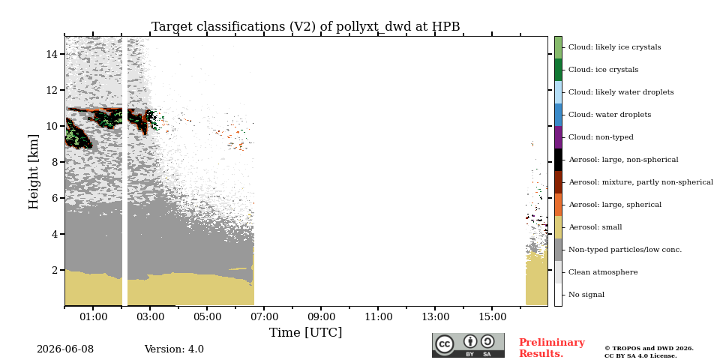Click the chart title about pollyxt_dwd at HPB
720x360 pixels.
(306, 27)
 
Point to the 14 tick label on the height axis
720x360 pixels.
(52, 54)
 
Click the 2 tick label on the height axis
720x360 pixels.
(55, 270)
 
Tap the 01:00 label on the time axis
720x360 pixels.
(93, 316)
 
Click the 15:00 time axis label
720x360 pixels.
(492, 316)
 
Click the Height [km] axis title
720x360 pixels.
(34, 172)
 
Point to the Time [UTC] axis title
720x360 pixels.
(306, 332)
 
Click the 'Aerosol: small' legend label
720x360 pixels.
(595, 227)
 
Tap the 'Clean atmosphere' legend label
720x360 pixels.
(603, 272)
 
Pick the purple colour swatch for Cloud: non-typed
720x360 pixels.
(558, 137)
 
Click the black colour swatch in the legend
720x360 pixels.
(558, 160)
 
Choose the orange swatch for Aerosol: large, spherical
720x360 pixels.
(558, 205)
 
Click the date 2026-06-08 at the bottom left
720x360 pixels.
(65, 349)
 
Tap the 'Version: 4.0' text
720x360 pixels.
(174, 349)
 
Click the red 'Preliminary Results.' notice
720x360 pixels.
(552, 348)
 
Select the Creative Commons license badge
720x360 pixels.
(468, 345)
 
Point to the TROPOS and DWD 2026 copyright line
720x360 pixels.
(649, 349)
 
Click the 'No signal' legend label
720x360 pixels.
(586, 295)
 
